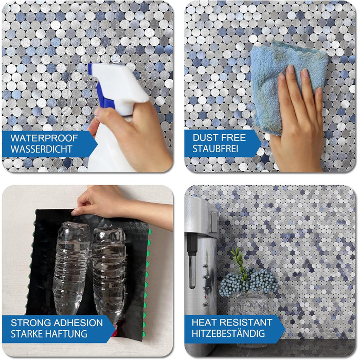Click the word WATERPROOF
44,138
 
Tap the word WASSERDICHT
42,149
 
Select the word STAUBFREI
215,149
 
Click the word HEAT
203,322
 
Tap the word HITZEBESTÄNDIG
228,333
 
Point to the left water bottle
71,268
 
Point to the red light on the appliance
206,297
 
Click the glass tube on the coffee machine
192,271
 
